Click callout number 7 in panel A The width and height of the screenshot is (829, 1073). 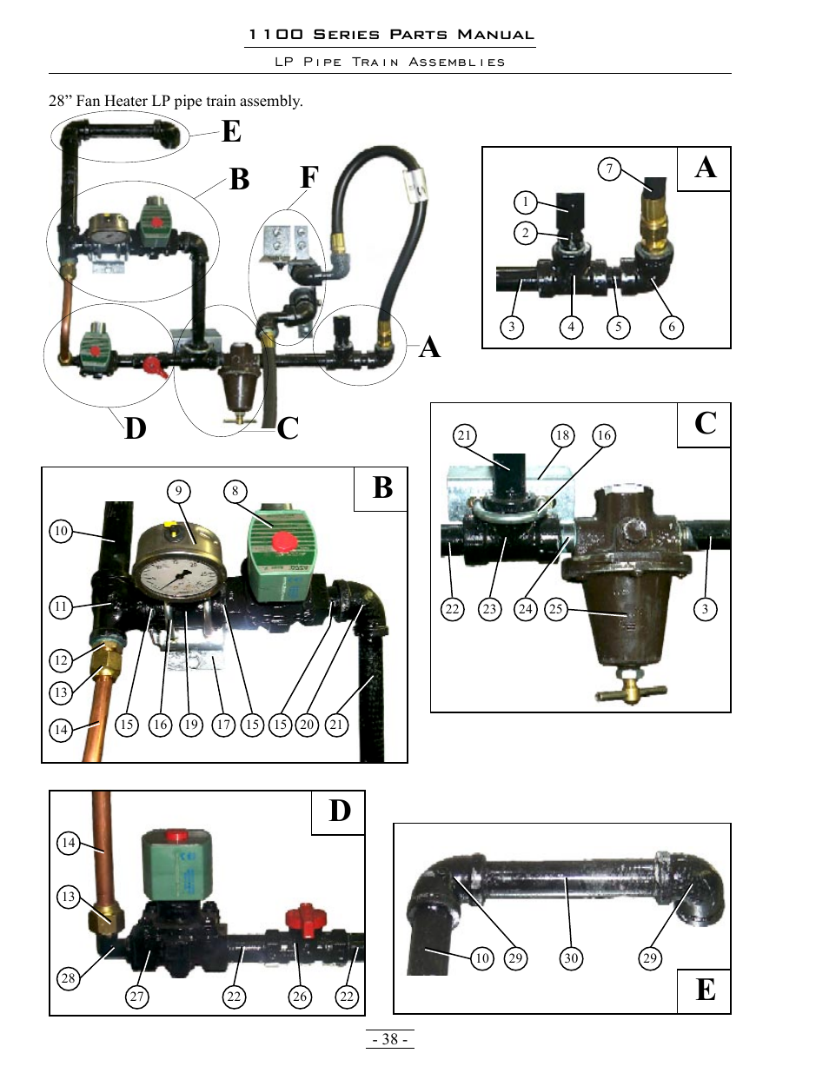coord(609,169)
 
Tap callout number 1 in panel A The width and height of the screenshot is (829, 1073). coord(525,202)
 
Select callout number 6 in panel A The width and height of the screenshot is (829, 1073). coord(671,328)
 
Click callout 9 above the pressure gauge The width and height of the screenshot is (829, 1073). coord(178,491)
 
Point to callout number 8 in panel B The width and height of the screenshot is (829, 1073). coord(235,491)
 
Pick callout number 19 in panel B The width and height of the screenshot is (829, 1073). coord(191,725)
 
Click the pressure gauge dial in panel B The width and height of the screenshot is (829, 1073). coord(179,574)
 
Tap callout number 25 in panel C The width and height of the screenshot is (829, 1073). coord(555,609)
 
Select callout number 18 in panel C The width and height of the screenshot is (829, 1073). coord(562,435)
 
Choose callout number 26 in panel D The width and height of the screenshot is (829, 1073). coord(300,997)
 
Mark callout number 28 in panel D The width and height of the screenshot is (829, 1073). coord(68,978)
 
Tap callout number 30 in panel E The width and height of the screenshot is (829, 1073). coord(570,958)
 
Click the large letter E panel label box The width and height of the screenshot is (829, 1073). coord(705,990)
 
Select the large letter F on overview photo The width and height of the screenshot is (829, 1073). coord(309,177)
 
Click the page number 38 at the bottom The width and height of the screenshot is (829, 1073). coord(389,1039)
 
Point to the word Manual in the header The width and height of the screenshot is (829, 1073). coord(496,35)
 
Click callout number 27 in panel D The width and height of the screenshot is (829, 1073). coord(136,997)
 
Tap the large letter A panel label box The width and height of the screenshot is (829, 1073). coord(705,168)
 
